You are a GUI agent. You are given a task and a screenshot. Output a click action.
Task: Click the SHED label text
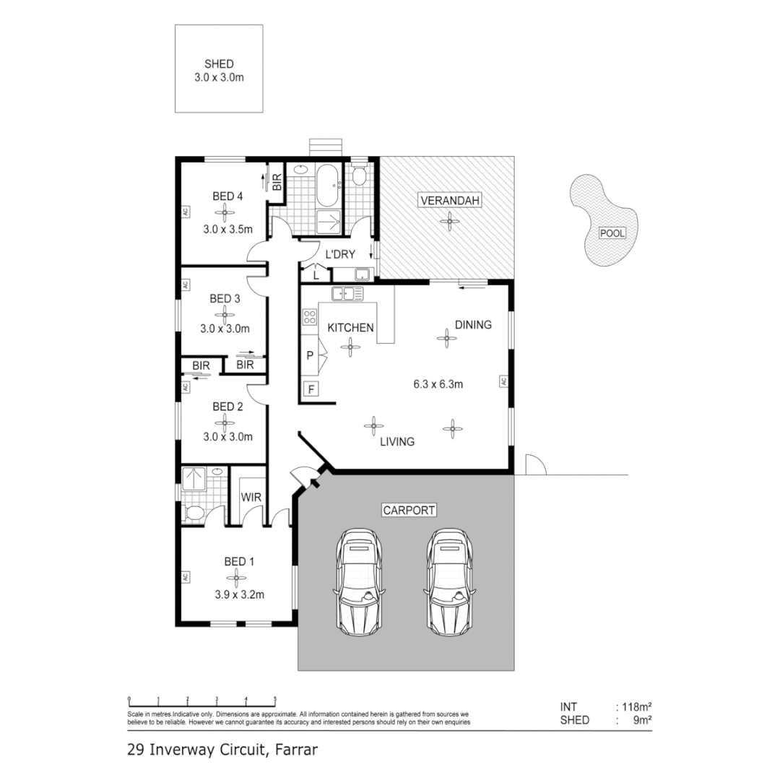point(219,64)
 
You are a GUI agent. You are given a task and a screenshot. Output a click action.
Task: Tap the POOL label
point(611,233)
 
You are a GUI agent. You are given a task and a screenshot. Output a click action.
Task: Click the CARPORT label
point(408,510)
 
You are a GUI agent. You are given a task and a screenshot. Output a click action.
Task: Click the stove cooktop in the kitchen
point(310,316)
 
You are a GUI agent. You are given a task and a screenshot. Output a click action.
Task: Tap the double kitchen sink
point(347,294)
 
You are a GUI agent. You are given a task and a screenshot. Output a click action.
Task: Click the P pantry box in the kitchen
point(310,355)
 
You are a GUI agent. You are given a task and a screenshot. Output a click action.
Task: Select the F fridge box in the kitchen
point(311,389)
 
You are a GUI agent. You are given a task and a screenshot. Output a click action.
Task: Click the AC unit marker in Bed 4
point(185,212)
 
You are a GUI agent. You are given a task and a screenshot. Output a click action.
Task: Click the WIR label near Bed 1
point(251,498)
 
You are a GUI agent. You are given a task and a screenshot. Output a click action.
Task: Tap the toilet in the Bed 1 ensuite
point(194,513)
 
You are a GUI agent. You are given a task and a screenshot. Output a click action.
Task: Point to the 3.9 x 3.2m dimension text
point(239,595)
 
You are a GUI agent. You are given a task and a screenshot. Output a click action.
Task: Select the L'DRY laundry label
point(339,254)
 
